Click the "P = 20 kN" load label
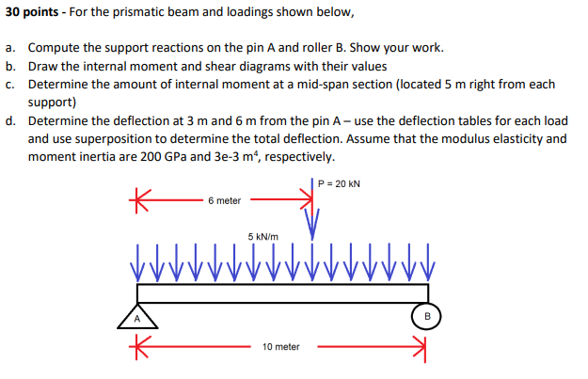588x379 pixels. (x=339, y=184)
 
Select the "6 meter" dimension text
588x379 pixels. (x=225, y=201)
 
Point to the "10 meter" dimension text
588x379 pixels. (x=281, y=347)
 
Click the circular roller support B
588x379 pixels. (x=426, y=317)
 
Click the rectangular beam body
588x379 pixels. (x=282, y=292)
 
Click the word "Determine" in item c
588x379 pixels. (x=58, y=85)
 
